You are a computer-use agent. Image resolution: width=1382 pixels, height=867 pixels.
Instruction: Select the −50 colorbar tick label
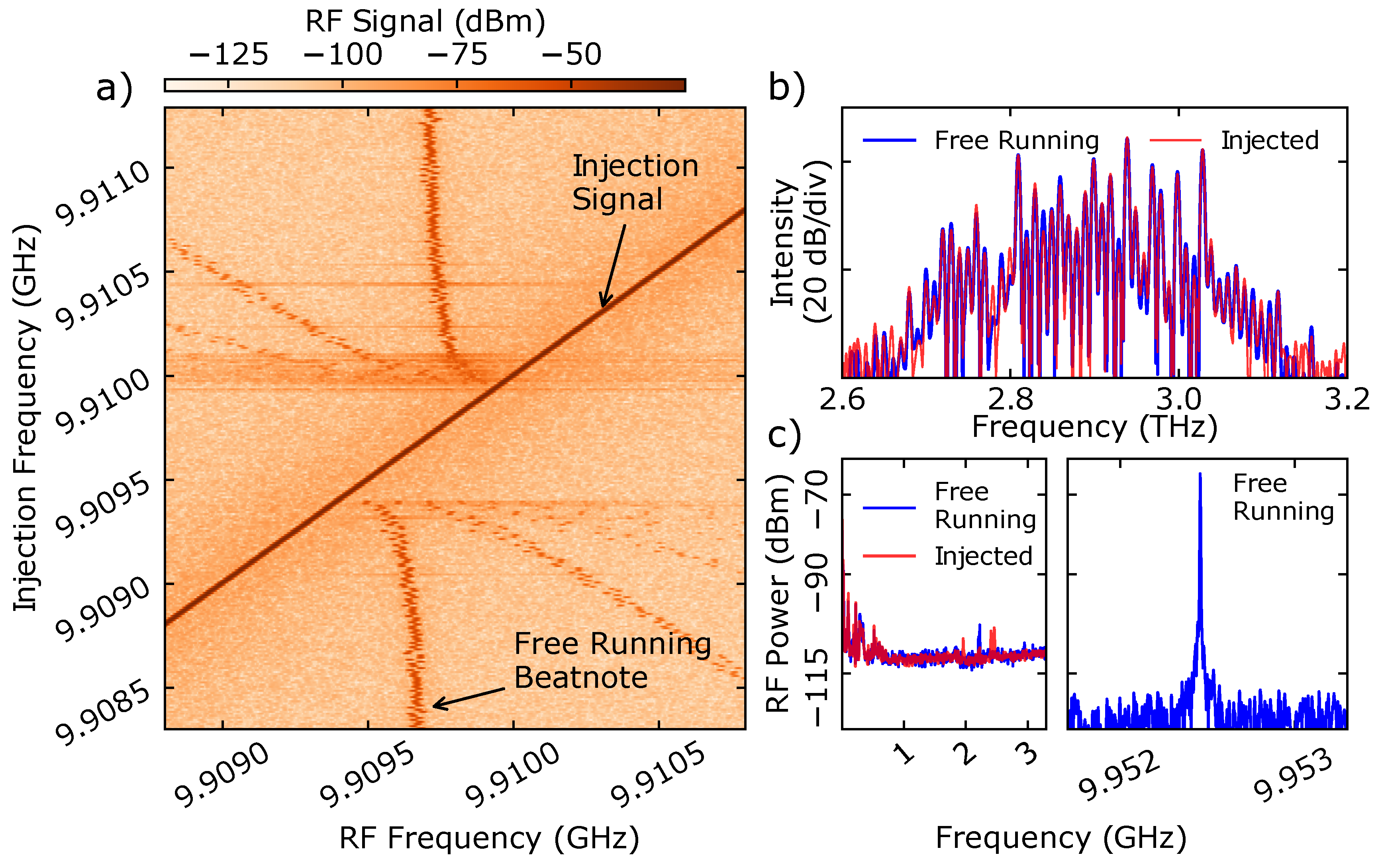[571, 55]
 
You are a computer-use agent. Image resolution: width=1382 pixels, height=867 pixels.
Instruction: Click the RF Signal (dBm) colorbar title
[425, 22]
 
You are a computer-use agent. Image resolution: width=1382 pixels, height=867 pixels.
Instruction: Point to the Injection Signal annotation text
[634, 182]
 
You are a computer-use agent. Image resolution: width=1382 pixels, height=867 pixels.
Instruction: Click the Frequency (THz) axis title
[1094, 427]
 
